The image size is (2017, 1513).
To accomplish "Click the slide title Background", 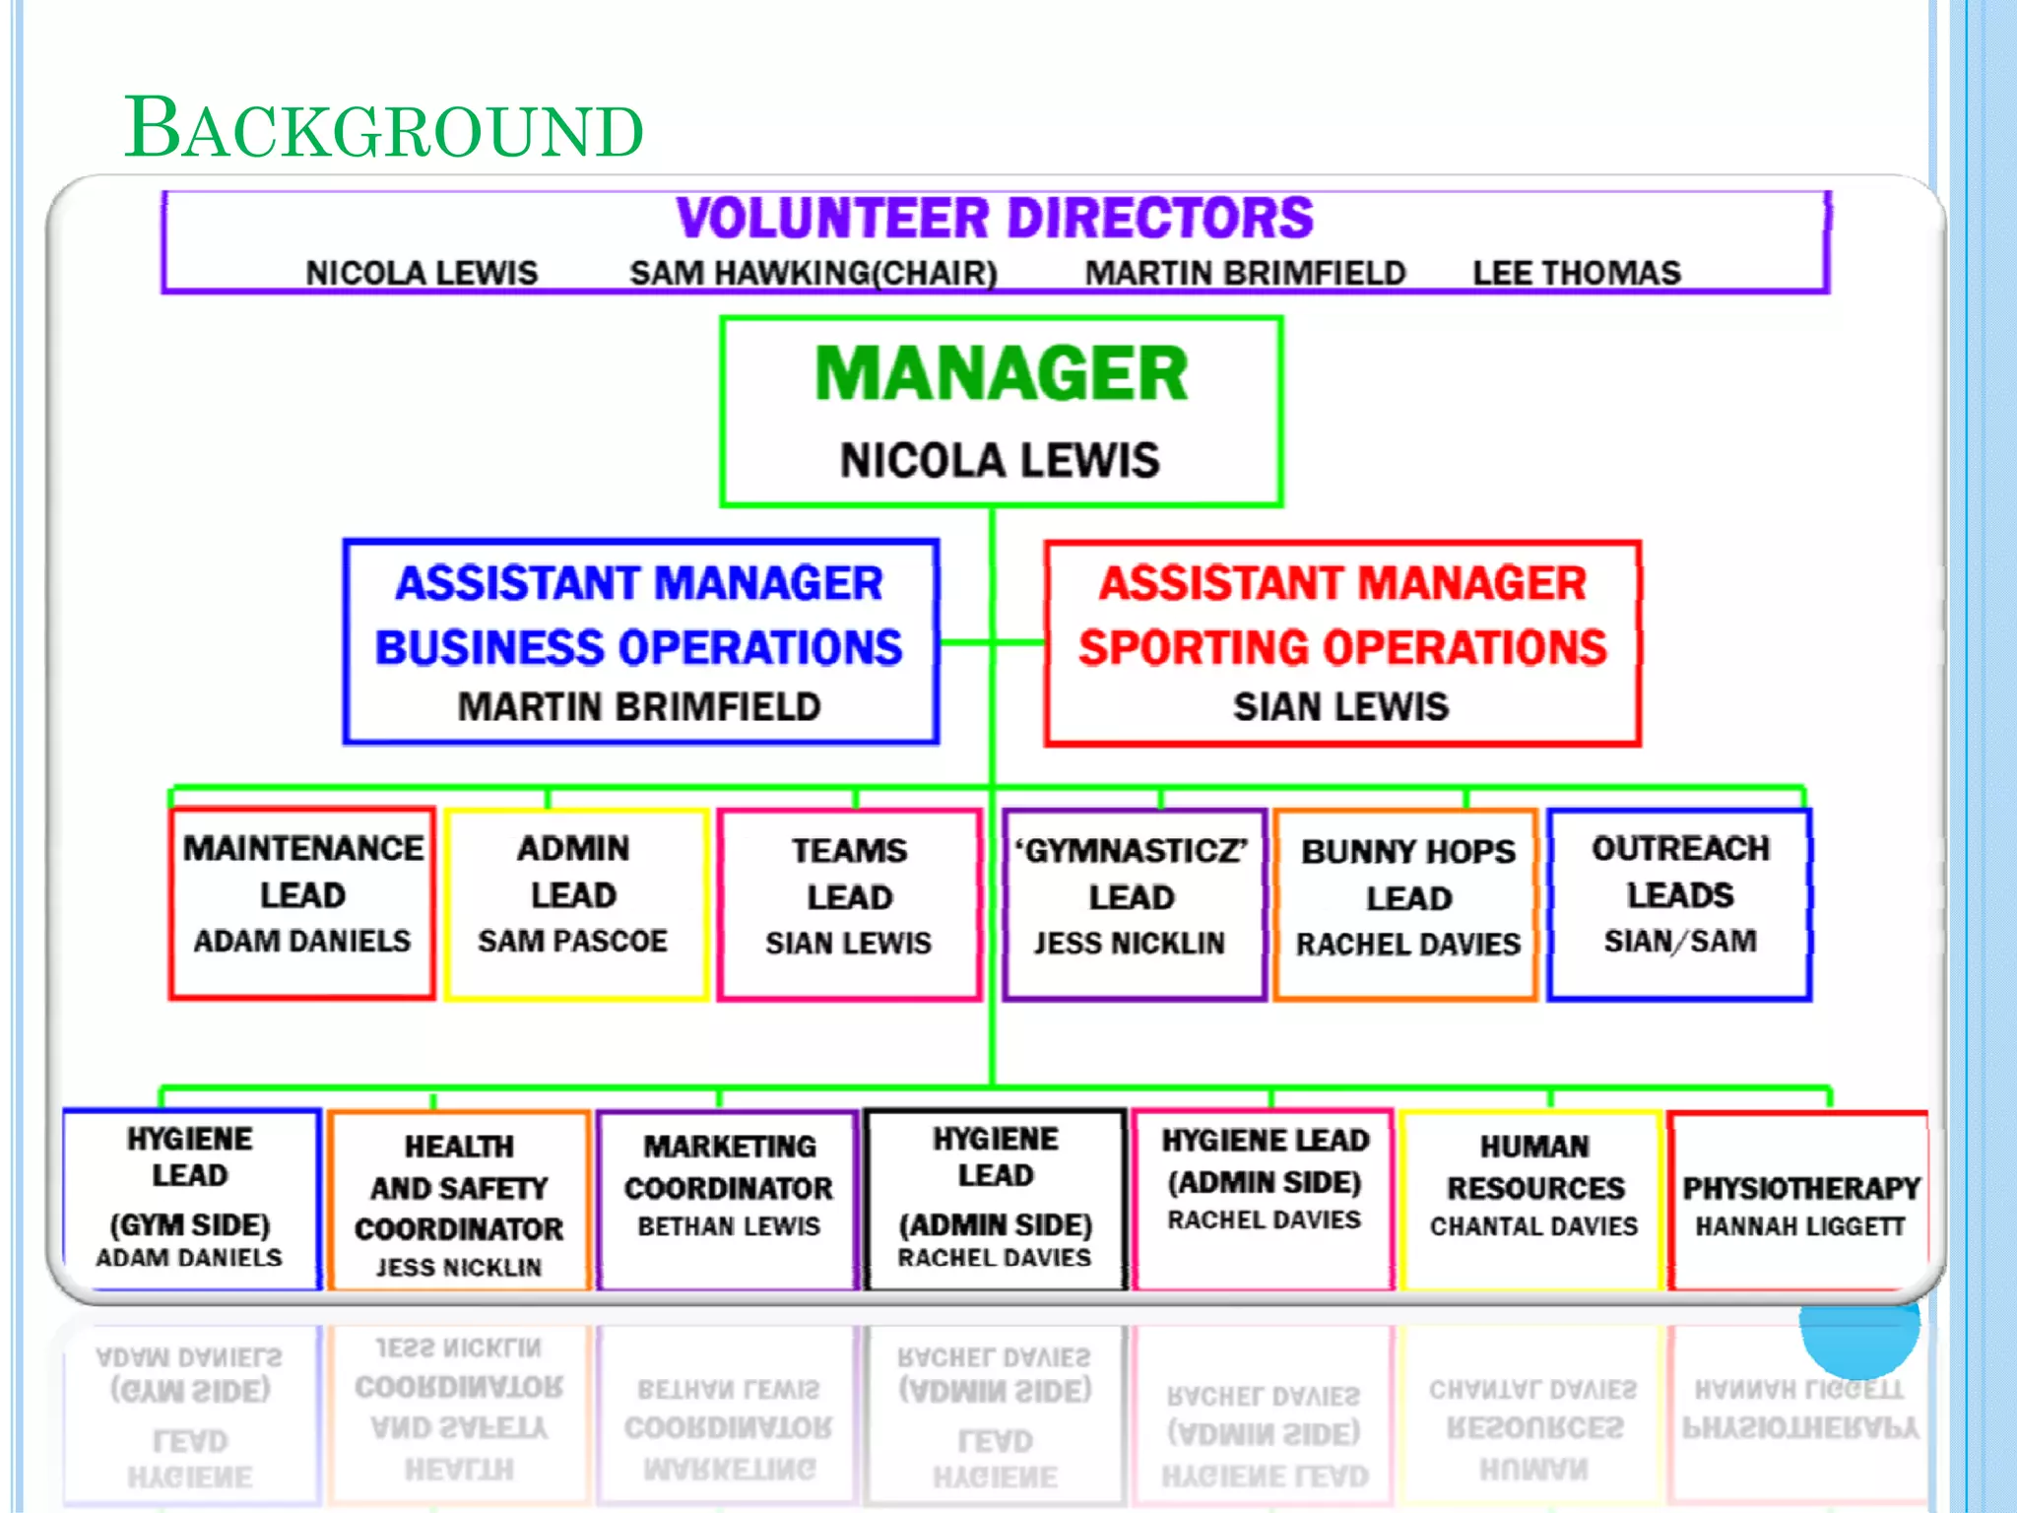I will pyautogui.click(x=383, y=128).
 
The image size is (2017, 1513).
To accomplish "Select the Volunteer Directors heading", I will pyautogui.click(x=994, y=218).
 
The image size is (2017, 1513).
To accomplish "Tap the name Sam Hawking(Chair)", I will pyautogui.click(x=813, y=273).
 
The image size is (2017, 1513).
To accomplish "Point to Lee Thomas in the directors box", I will pyautogui.click(x=1576, y=273).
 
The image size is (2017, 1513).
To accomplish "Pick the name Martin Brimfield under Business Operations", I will pyautogui.click(x=639, y=706).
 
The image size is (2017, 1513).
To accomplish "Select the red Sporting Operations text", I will pyautogui.click(x=1341, y=647).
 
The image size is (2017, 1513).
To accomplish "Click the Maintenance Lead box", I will pyautogui.click(x=301, y=902).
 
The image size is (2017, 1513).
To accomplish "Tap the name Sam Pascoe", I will pyautogui.click(x=572, y=941).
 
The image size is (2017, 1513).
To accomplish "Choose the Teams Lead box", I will pyautogui.click(x=849, y=902).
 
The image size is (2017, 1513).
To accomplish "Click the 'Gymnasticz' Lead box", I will pyautogui.click(x=1132, y=902).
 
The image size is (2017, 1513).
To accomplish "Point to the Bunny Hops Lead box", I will pyautogui.click(x=1407, y=902).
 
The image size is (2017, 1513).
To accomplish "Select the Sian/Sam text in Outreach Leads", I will pyautogui.click(x=1679, y=941).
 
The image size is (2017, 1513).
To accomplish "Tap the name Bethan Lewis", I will pyautogui.click(x=729, y=1226).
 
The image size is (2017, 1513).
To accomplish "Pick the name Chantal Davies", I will pyautogui.click(x=1533, y=1226).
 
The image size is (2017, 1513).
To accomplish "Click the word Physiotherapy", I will pyautogui.click(x=1800, y=1188).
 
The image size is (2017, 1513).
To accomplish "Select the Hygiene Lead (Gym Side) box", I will pyautogui.click(x=191, y=1198).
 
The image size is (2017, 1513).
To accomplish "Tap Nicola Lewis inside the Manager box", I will pyautogui.click(x=1000, y=460).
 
